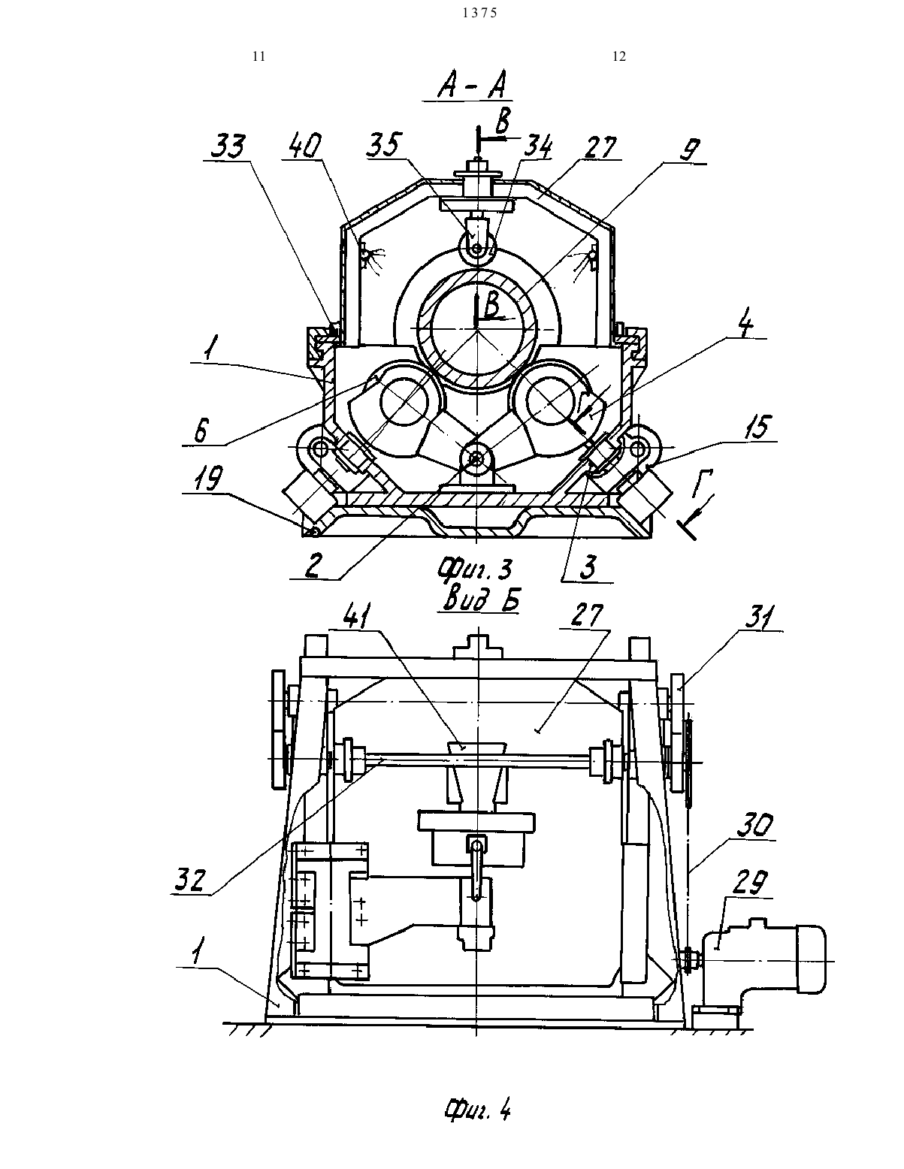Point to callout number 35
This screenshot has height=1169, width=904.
pyautogui.click(x=384, y=145)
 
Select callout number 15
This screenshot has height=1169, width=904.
pyautogui.click(x=757, y=427)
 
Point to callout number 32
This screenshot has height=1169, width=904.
pyautogui.click(x=189, y=880)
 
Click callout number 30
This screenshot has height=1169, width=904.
pyautogui.click(x=754, y=825)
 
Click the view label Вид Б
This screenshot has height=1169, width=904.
pyautogui.click(x=480, y=598)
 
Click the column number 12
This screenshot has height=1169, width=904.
pyautogui.click(x=619, y=56)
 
